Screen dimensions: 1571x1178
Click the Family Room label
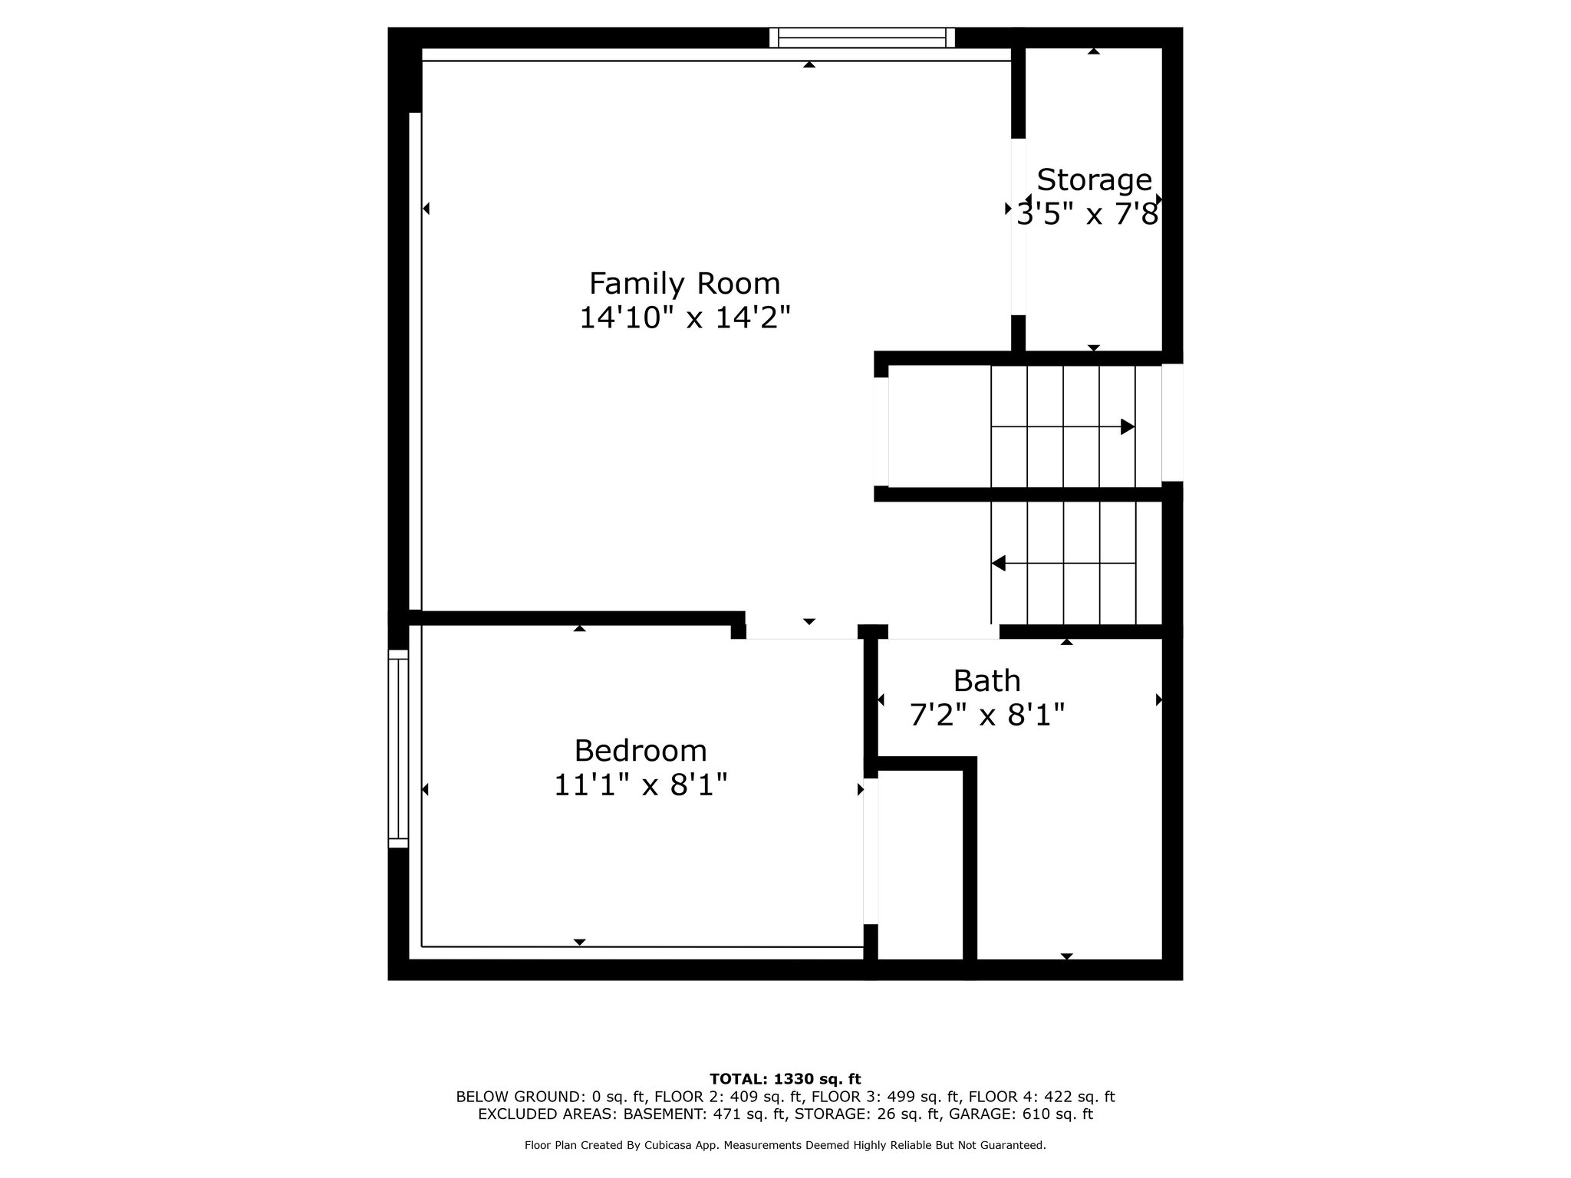coord(684,284)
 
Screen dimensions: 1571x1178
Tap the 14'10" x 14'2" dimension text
coord(684,318)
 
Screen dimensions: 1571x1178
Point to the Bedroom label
coord(641,750)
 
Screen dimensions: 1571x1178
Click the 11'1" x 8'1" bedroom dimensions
coord(641,785)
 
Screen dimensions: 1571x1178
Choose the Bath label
coord(986,681)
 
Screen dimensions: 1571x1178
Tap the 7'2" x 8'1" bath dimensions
coord(986,716)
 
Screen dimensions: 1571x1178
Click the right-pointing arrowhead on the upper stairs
coord(1128,426)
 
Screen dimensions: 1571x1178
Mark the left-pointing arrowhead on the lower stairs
coord(998,564)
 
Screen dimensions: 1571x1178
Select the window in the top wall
coord(862,38)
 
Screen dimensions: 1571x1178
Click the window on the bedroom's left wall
coord(398,749)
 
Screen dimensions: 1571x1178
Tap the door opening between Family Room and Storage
coord(1018,227)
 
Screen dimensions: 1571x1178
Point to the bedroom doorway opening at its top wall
coord(802,632)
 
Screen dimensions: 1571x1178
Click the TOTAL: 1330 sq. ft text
coord(785,1080)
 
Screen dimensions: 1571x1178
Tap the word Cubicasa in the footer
coord(669,1146)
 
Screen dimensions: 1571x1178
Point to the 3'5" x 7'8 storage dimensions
coord(1087,215)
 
